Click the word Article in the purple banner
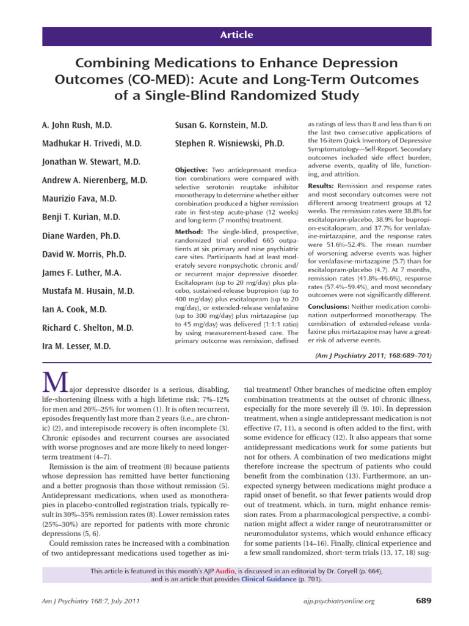(x=236, y=35)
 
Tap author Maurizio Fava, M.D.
(x=84, y=199)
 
